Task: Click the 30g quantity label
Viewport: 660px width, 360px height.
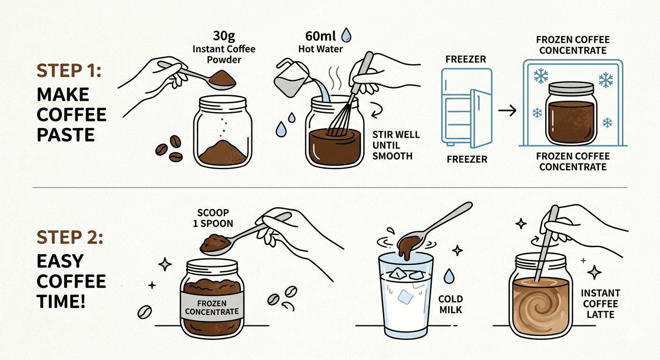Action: click(x=224, y=36)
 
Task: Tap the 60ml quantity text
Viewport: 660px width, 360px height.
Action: click(x=321, y=36)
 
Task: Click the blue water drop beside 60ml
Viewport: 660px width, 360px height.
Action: click(x=346, y=35)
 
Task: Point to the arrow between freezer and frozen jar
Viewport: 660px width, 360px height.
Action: click(x=507, y=111)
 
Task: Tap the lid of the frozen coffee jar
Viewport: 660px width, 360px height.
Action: click(x=571, y=88)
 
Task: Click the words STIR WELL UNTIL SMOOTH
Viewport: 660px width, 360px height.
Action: click(x=396, y=145)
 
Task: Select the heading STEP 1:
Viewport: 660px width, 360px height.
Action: click(x=69, y=71)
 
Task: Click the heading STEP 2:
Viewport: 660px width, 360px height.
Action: click(x=70, y=237)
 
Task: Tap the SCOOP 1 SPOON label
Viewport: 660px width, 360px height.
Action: click(x=213, y=218)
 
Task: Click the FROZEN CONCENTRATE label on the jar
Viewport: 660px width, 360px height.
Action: click(x=212, y=307)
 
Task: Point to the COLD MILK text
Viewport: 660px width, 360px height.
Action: click(x=450, y=304)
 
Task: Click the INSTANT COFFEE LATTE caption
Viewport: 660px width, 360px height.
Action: click(x=600, y=304)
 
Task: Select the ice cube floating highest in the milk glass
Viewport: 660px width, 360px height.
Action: click(x=398, y=274)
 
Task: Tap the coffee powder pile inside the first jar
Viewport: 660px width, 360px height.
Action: click(x=223, y=152)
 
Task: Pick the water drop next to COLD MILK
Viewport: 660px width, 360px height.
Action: click(x=449, y=276)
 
